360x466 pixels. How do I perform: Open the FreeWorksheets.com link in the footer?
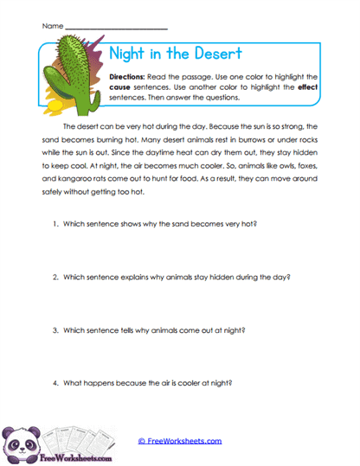pos(179,440)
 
